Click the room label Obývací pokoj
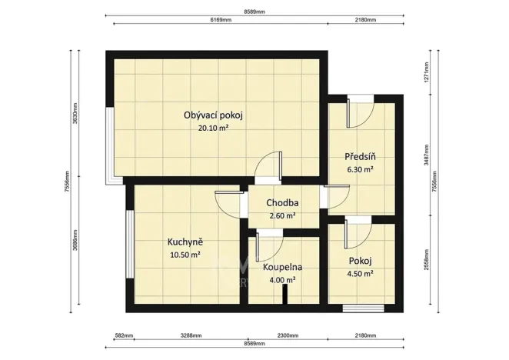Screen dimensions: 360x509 coord(213,115)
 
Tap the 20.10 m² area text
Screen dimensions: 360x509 coord(213,128)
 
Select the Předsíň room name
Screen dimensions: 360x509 coord(358,156)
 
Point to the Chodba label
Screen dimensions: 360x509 coord(282,203)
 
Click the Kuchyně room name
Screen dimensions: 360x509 coord(185,242)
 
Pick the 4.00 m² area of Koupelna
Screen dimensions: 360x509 coord(282,280)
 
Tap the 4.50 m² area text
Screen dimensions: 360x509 coord(358,273)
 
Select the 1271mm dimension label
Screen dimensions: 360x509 coord(425,73)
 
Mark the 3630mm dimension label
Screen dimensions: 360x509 coord(75,115)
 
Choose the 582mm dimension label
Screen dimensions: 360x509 coord(124,335)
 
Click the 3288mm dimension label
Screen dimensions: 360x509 coord(191,335)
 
